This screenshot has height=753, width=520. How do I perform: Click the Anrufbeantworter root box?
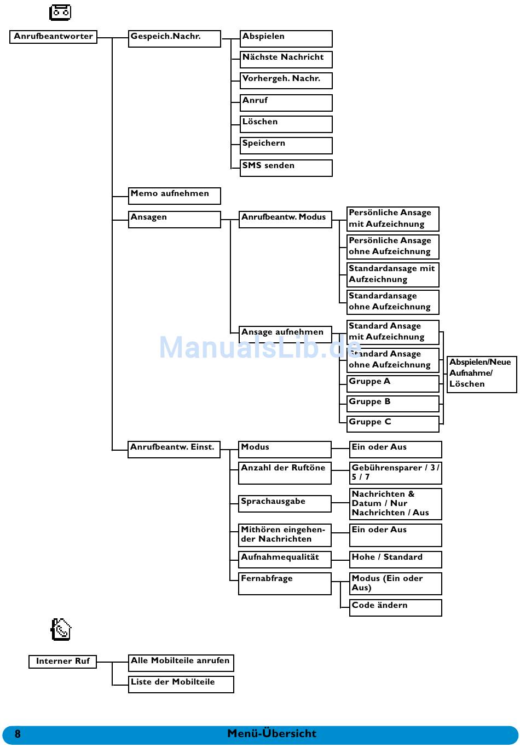coord(53,37)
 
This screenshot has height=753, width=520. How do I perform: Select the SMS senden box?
coord(286,168)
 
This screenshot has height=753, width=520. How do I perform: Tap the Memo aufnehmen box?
coord(174,196)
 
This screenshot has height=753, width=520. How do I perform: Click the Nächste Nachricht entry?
coord(286,59)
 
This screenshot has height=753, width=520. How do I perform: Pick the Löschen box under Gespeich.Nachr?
coord(286,124)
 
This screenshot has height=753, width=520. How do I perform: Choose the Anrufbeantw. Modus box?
coord(285,219)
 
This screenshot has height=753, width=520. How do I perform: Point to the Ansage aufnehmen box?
coord(285,334)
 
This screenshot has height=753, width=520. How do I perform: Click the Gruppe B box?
coord(392,404)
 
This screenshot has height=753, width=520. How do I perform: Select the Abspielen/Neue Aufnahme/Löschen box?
coord(481,374)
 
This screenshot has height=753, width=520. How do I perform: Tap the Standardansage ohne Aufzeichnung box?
coord(392,302)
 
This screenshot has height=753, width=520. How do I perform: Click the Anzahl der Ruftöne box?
coord(285,473)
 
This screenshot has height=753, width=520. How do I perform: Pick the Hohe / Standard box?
coord(395,559)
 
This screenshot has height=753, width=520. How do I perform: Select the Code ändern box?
coord(395,607)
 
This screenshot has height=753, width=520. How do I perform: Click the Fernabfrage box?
coord(285,583)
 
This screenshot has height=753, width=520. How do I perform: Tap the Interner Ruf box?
coord(62,662)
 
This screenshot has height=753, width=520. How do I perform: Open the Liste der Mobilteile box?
coord(181,684)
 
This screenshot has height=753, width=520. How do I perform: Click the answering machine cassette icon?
coord(60,12)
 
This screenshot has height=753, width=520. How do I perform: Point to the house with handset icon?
coord(61,630)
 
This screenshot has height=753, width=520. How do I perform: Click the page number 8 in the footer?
coord(18,734)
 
